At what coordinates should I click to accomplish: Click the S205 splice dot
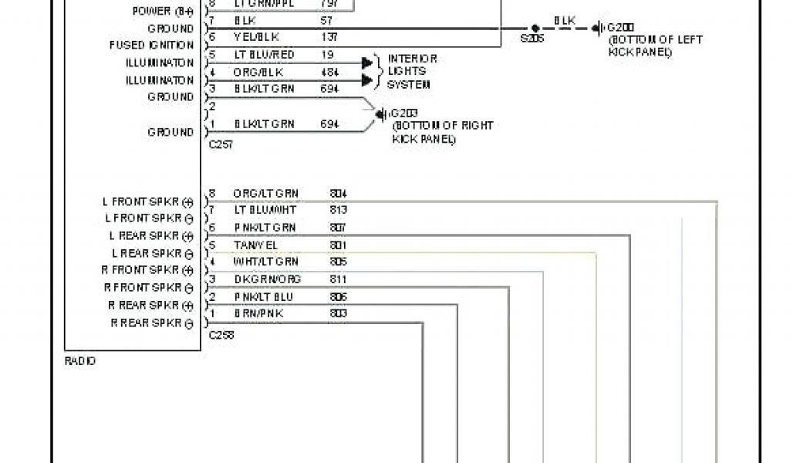point(535,28)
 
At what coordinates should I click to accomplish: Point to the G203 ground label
point(403,112)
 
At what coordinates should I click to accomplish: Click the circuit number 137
point(329,37)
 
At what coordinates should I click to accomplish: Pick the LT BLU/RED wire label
point(264,55)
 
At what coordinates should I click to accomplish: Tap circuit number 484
point(329,72)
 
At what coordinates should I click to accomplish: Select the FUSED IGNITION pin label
point(151,46)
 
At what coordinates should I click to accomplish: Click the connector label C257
point(221,144)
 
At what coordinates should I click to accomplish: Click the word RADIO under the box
point(80,361)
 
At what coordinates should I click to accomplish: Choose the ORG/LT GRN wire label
point(265,194)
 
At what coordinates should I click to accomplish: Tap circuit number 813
point(338,210)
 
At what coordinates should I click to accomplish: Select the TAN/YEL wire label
point(255,245)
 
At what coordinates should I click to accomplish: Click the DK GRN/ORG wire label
point(267,279)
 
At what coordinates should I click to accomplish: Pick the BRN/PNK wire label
point(258,314)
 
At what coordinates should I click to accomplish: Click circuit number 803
point(338,314)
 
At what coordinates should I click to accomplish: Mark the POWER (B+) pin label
point(163,11)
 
